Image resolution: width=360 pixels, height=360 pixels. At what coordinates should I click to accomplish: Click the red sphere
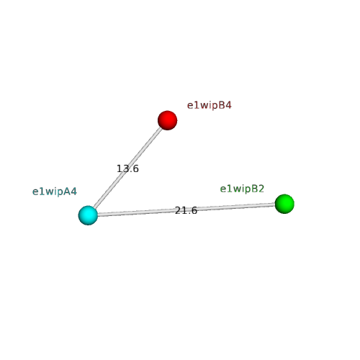coord(167,120)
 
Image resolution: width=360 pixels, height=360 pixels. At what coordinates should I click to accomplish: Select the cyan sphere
coord(88,215)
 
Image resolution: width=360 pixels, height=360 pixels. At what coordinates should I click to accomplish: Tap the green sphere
coord(284,204)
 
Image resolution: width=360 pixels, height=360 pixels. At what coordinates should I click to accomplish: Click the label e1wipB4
coord(209,105)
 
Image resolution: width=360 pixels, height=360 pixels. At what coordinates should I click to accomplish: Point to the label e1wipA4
coord(55,192)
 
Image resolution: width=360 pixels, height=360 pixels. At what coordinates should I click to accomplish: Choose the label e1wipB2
coord(242,189)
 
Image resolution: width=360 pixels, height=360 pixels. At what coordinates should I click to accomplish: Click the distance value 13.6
coord(127,168)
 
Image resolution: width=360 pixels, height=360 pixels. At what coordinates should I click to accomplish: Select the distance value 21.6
coord(186,210)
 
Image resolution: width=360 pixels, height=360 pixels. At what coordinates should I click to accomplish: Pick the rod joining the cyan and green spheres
coord(186,210)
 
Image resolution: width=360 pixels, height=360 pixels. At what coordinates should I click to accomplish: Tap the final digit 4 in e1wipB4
coord(228,105)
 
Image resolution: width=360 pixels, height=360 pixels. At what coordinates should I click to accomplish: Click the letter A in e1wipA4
coord(67,192)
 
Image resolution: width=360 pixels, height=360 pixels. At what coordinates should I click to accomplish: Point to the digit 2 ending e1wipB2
coord(261,189)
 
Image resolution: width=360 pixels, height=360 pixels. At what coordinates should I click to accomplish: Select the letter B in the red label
coord(222,105)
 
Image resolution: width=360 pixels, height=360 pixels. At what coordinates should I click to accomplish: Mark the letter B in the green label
coord(255,189)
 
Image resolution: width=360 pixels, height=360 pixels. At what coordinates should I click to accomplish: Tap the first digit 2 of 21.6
coord(178,210)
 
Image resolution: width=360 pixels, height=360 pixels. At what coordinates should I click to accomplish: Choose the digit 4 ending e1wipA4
coord(73,192)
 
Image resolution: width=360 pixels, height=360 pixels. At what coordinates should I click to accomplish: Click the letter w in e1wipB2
coord(234,189)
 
